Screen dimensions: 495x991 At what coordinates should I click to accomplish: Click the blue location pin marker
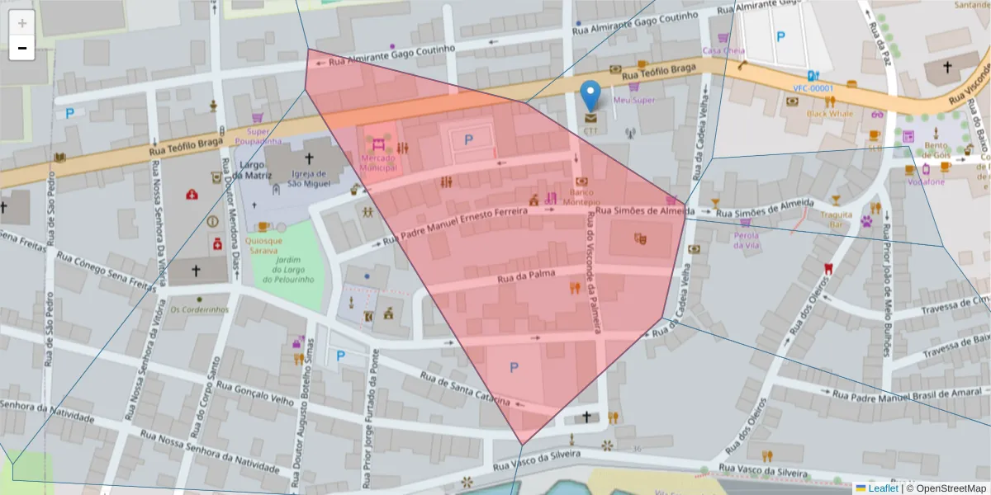pyautogui.click(x=590, y=96)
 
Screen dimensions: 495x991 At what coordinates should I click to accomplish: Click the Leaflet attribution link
pyautogui.click(x=882, y=488)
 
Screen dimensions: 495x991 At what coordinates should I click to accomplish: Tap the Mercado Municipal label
pyautogui.click(x=377, y=163)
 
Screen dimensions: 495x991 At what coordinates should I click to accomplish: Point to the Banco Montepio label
pyautogui.click(x=582, y=196)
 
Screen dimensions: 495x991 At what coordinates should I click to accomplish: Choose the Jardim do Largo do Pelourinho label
pyautogui.click(x=288, y=270)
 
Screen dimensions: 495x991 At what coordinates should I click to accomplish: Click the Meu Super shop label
pyautogui.click(x=633, y=100)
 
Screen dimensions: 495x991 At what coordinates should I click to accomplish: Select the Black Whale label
pyautogui.click(x=830, y=114)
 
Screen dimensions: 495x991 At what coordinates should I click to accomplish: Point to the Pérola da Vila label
pyautogui.click(x=747, y=239)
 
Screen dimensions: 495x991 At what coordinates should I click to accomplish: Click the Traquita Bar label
pyautogui.click(x=836, y=219)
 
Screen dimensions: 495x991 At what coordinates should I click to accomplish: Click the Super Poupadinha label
pyautogui.click(x=258, y=136)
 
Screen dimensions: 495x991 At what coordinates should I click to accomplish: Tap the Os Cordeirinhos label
pyautogui.click(x=199, y=309)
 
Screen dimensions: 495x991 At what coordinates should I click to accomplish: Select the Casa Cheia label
pyautogui.click(x=723, y=50)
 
